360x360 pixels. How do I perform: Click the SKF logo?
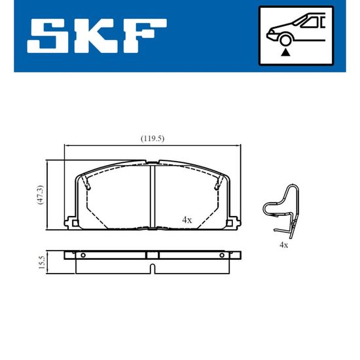click(x=97, y=36)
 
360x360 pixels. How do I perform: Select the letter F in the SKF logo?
click(x=145, y=36)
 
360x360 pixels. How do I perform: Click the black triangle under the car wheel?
click(x=285, y=52)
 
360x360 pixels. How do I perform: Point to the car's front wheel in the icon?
click(x=285, y=40)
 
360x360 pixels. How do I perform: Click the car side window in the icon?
click(x=310, y=22)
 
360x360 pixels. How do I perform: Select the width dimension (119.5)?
click(x=153, y=139)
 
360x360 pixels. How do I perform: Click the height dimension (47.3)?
click(x=40, y=194)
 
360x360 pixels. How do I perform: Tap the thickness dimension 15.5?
click(x=42, y=262)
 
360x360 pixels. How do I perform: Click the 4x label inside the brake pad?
click(x=187, y=220)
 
